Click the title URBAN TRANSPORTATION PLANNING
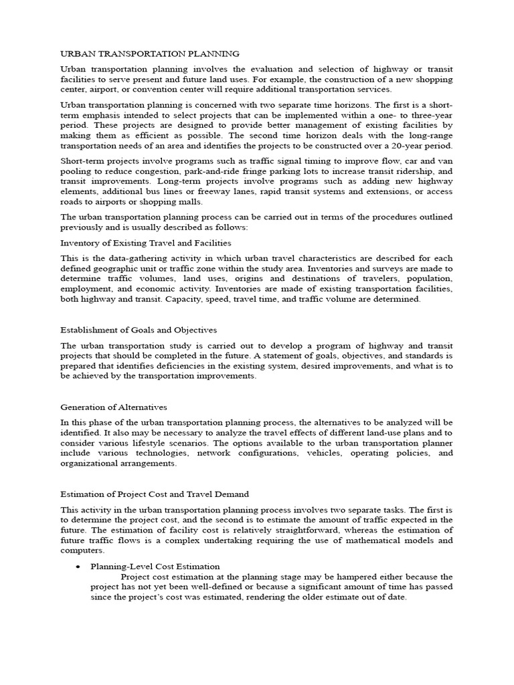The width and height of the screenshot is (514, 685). click(150, 53)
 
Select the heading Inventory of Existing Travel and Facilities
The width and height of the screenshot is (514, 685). click(146, 242)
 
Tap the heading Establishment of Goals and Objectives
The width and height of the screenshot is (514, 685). click(139, 330)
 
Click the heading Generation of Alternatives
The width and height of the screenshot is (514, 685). click(114, 406)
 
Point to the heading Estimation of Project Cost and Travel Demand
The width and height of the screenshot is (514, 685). click(155, 494)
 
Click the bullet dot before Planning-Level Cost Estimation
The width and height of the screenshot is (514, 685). click(78, 566)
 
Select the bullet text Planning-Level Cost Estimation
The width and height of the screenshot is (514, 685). click(155, 566)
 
